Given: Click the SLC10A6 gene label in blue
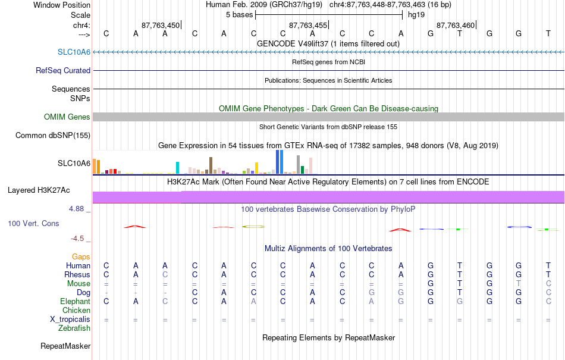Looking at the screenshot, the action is [x=74, y=52].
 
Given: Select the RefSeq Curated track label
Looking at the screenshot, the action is [x=62, y=70].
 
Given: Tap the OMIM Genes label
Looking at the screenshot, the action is [x=67, y=117].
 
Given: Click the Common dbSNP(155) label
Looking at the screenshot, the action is [x=52, y=136].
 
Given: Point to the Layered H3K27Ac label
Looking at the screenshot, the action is [x=39, y=190].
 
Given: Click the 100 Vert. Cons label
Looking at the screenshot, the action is [x=33, y=223].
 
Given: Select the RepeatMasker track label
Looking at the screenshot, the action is [x=65, y=346].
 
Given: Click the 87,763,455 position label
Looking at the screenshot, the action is [x=308, y=25].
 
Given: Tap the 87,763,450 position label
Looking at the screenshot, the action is [x=161, y=25].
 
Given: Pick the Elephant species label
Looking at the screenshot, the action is [x=75, y=301].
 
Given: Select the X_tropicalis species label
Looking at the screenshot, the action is [x=70, y=320].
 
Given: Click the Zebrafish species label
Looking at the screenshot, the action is [x=74, y=328].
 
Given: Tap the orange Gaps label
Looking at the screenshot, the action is [x=81, y=256].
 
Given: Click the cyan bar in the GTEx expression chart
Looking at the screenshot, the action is [x=177, y=168].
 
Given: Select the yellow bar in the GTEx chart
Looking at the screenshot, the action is [x=256, y=168].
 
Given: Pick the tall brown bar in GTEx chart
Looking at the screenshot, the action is [x=211, y=165].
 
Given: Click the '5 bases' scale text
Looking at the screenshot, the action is [x=239, y=15].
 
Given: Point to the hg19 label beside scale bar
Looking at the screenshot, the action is [x=416, y=15].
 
